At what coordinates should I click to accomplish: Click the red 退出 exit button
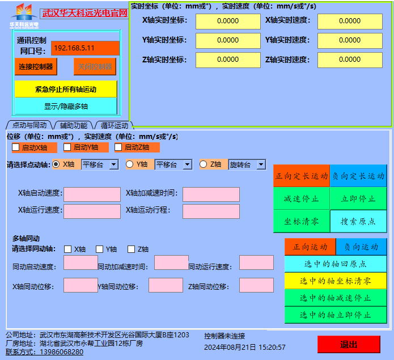tap(349, 344)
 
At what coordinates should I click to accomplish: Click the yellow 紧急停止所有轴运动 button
tap(66, 89)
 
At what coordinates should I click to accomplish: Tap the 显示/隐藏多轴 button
tap(66, 106)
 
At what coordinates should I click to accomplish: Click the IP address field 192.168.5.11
tap(85, 48)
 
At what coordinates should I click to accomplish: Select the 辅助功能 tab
tap(74, 125)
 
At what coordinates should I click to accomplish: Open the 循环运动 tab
tap(114, 125)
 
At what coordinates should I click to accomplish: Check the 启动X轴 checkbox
tap(16, 147)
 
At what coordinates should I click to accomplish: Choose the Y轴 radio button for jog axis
tap(130, 164)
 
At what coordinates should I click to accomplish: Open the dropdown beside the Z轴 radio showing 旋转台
tap(261, 164)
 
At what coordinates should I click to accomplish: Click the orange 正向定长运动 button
tap(302, 176)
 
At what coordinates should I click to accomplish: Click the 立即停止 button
tap(358, 198)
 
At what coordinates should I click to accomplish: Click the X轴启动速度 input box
tap(88, 194)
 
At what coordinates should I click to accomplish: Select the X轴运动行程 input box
tap(211, 211)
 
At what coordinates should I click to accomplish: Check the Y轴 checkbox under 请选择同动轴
tap(100, 249)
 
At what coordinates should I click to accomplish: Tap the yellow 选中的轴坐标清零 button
tap(336, 281)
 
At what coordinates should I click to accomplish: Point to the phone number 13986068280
tap(62, 352)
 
